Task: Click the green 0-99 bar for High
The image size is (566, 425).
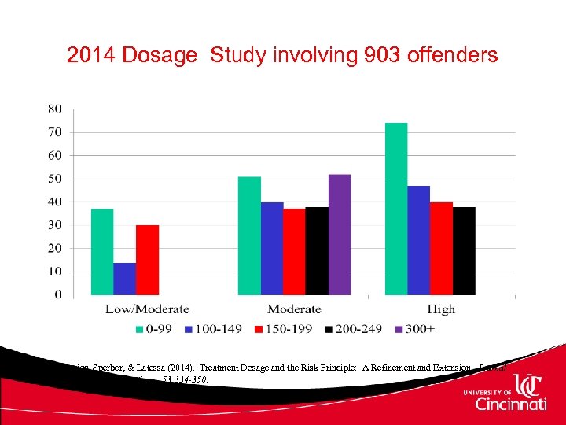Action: click(x=396, y=209)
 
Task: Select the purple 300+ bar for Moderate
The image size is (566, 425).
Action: click(x=340, y=235)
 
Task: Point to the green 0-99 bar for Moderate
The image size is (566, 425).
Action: click(x=249, y=235)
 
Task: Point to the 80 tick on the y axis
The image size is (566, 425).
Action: click(x=55, y=108)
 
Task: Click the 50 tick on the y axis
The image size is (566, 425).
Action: click(x=55, y=179)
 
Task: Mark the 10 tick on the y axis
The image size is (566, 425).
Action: click(x=55, y=272)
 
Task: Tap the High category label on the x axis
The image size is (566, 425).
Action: click(x=441, y=309)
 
